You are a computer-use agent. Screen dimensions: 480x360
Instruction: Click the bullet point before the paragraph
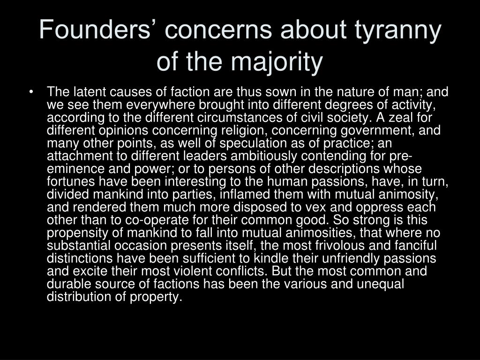coord(31,91)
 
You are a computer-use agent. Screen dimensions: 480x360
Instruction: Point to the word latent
coord(90,92)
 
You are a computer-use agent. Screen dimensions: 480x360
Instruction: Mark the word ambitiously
coord(263,156)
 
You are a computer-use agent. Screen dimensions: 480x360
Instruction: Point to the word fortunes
coord(71,182)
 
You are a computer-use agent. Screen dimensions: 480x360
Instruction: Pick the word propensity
coord(77,233)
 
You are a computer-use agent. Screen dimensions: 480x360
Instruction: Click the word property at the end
coord(156,297)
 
